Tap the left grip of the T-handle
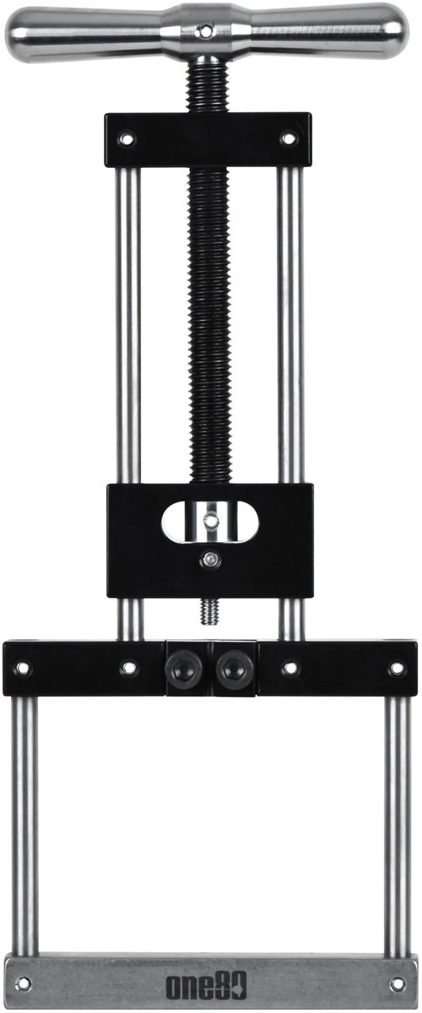pyautogui.click(x=86, y=32)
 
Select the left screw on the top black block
pyautogui.click(x=127, y=138)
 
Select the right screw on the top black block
pyautogui.click(x=288, y=138)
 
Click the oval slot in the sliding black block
pyautogui.click(x=210, y=521)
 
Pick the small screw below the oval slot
pyautogui.click(x=210, y=560)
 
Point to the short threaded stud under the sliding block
pyautogui.click(x=209, y=610)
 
